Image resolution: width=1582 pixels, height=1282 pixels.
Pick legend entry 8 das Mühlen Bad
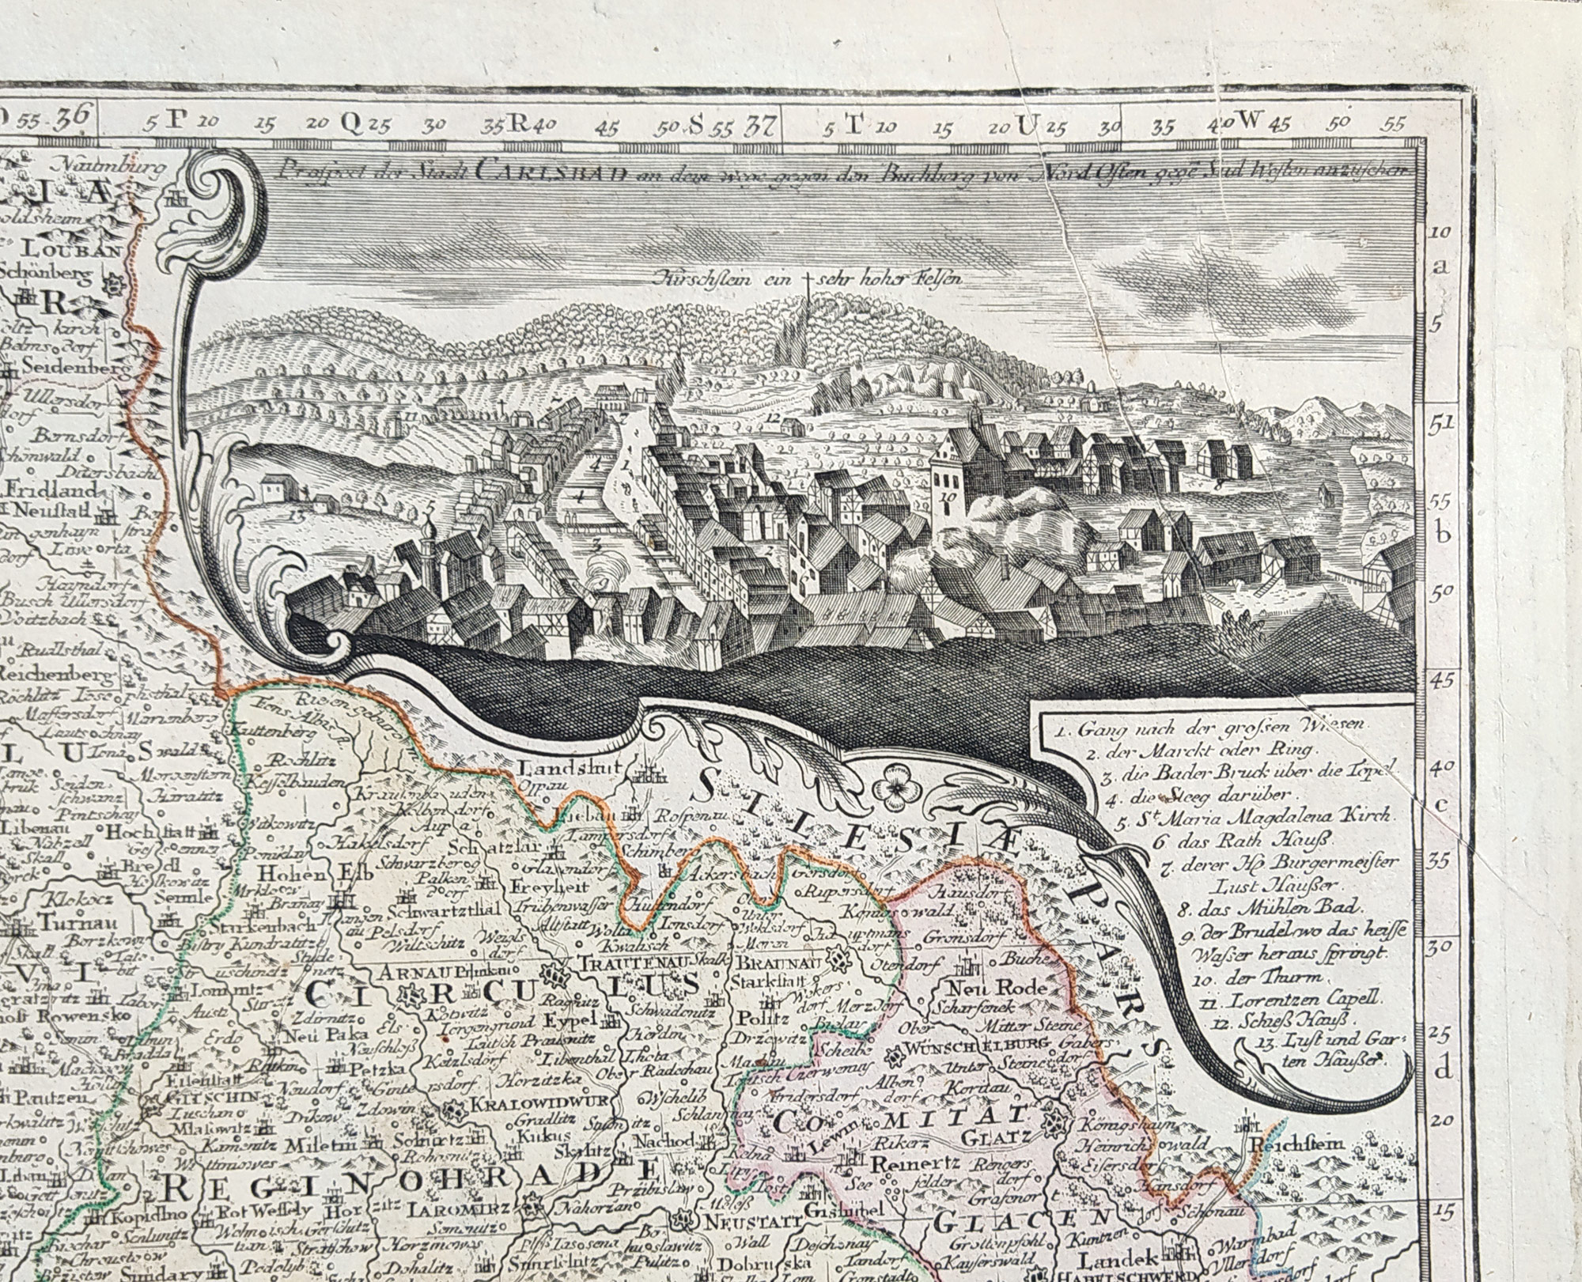coord(1253,908)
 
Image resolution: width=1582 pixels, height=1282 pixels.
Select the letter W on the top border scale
coord(1247,121)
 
